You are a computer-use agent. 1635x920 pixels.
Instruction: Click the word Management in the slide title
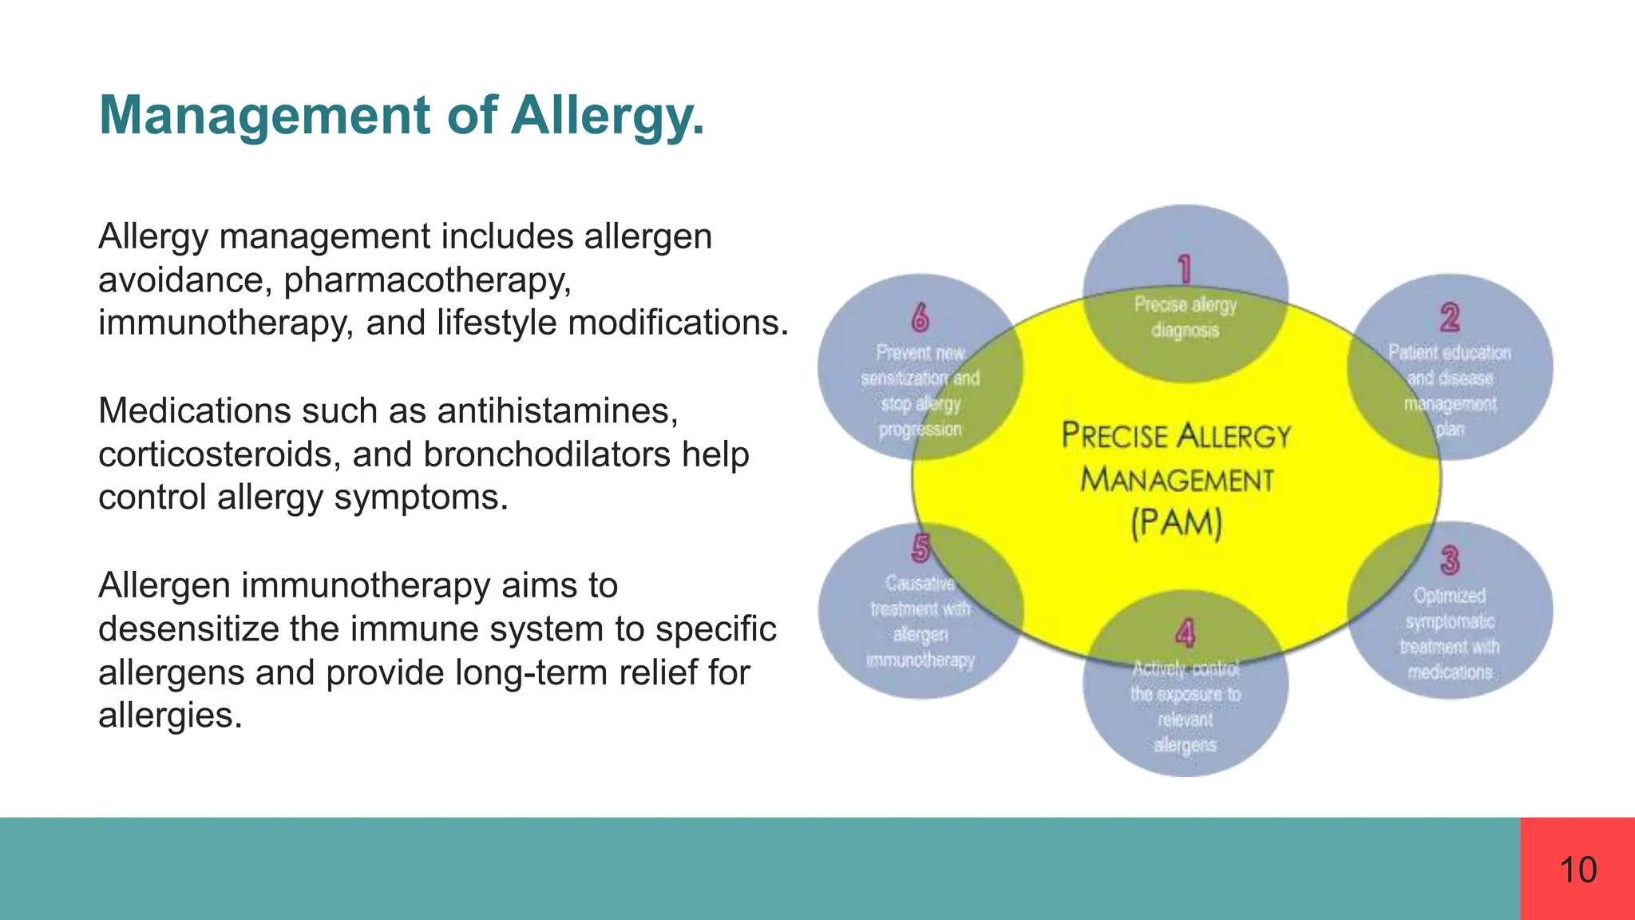coord(264,116)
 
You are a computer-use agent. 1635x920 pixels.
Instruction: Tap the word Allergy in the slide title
coord(607,116)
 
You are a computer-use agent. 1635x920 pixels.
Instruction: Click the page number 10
coord(1578,870)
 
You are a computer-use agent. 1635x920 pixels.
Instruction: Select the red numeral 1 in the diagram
coord(1185,269)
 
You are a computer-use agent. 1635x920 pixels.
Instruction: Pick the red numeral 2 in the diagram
coord(1450,317)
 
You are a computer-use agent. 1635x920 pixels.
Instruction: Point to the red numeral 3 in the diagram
coord(1450,560)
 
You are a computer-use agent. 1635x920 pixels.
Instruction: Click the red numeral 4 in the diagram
coord(1185,633)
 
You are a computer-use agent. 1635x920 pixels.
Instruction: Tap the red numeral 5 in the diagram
coord(920,549)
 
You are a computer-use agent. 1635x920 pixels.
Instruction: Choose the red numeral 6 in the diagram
coord(920,317)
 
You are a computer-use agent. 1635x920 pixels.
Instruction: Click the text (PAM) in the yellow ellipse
coord(1176,524)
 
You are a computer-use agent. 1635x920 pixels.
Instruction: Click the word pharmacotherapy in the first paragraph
coord(427,280)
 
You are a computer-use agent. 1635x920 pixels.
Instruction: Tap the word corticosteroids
coord(220,454)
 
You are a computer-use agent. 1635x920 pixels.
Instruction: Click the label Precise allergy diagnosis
coord(1185,317)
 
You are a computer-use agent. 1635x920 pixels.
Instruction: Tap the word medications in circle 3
coord(1450,672)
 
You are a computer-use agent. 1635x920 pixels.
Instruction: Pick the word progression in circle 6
coord(920,430)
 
